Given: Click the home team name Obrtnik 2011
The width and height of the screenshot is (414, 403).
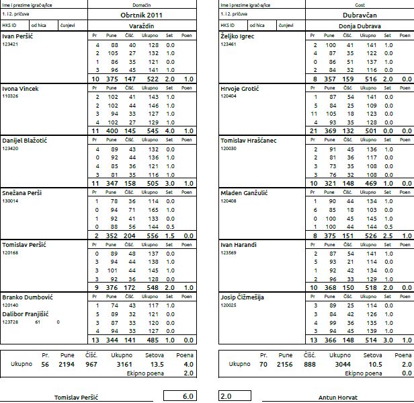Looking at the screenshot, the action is click(x=141, y=15).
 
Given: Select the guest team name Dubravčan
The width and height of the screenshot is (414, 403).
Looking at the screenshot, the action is click(x=360, y=15).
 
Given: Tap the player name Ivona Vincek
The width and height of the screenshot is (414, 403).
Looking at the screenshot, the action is click(x=20, y=89).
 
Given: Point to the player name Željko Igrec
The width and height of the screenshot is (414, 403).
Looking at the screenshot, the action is click(x=237, y=36).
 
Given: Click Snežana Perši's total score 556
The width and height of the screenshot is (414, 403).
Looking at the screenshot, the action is click(x=153, y=235).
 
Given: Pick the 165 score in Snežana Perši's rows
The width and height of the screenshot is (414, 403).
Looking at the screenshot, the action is click(x=153, y=210).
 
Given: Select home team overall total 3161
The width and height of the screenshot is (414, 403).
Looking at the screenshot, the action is click(x=124, y=365).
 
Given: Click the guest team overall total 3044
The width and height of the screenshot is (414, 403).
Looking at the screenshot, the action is click(x=343, y=365).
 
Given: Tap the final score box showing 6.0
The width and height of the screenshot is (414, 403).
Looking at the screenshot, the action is click(x=180, y=396).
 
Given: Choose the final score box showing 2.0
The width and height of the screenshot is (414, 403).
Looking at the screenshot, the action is click(x=235, y=396).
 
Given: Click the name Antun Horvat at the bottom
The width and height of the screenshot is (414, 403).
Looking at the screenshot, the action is click(x=338, y=398).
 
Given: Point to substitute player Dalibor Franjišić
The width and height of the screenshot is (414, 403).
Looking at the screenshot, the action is click(x=26, y=314).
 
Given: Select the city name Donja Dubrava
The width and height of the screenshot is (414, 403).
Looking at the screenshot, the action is click(x=360, y=26).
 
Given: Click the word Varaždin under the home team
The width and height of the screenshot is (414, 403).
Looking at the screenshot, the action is click(x=142, y=26).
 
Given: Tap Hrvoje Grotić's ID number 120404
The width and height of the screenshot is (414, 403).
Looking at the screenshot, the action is click(x=229, y=96).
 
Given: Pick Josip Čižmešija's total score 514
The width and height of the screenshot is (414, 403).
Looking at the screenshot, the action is click(x=371, y=340).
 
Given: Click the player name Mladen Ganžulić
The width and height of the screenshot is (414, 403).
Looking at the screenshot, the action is click(x=244, y=193).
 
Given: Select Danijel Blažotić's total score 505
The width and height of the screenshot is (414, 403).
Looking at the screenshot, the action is click(x=153, y=184).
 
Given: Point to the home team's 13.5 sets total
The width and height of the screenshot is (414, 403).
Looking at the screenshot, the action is click(x=157, y=365).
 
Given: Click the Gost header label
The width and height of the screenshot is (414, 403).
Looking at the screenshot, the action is click(x=360, y=5).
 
